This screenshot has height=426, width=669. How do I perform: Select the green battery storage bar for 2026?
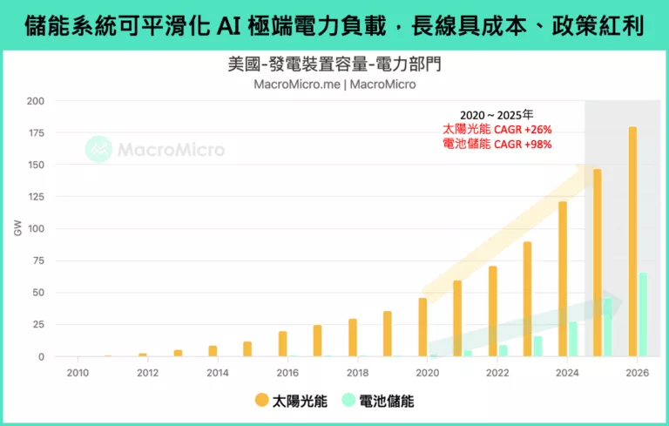643,315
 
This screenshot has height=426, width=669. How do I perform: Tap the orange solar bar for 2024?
563,279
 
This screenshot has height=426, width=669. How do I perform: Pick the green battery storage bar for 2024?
573,340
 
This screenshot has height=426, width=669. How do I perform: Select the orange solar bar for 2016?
283,344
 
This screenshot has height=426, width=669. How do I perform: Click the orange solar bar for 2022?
493,311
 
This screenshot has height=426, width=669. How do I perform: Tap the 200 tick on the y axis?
35,101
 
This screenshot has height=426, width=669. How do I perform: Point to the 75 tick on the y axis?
37,261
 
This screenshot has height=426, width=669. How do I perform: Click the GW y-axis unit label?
17,229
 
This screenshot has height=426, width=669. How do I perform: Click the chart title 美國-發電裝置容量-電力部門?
334,65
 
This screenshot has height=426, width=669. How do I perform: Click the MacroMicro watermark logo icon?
98,149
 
